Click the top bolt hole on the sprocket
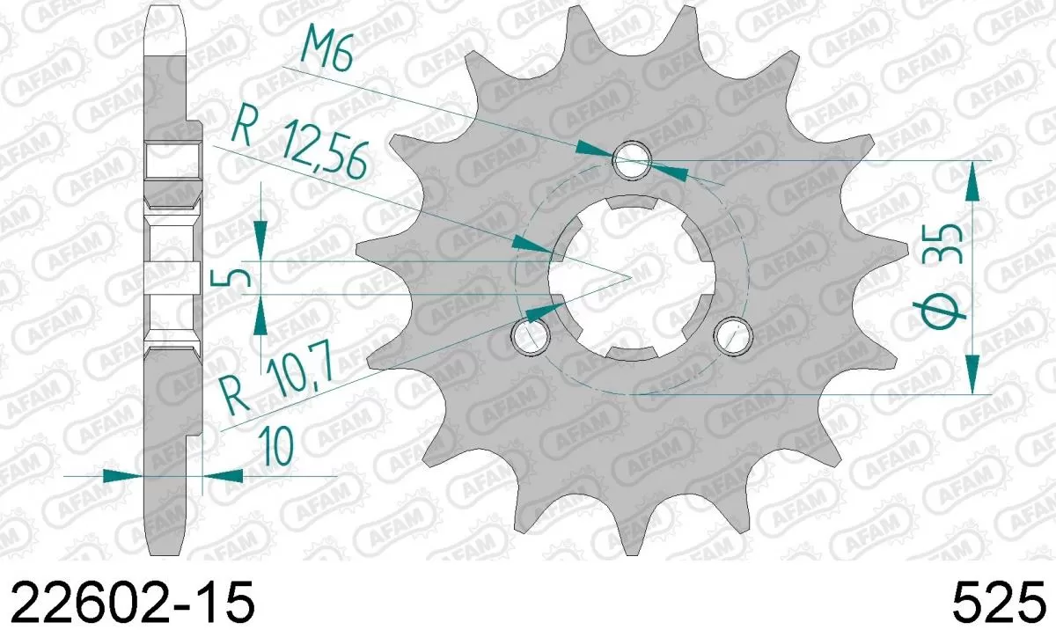click(x=632, y=160)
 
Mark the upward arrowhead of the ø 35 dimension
click(x=972, y=180)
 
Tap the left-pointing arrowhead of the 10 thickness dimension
click(x=225, y=476)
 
